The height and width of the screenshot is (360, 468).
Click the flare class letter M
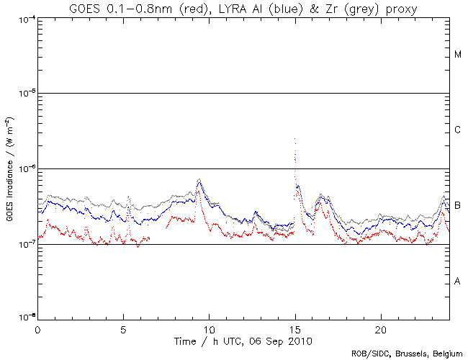click(x=457, y=55)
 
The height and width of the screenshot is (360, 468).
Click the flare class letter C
click(x=457, y=130)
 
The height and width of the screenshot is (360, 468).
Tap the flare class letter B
click(x=457, y=206)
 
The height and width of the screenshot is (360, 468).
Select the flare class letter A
click(x=457, y=281)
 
